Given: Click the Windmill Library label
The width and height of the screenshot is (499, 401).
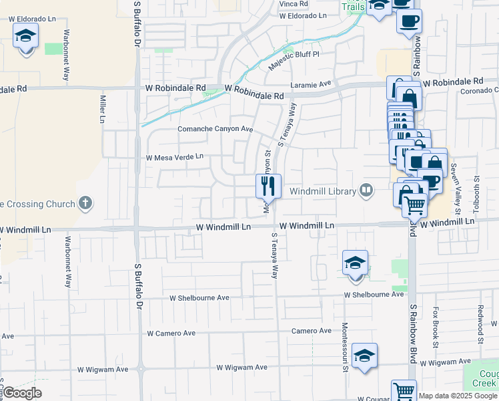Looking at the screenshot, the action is [323, 192].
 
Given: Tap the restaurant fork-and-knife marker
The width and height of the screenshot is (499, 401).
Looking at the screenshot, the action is [269, 185].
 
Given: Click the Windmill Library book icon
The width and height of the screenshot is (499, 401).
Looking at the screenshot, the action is [366, 191].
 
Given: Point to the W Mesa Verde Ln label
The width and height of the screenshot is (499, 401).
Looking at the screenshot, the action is [174, 158].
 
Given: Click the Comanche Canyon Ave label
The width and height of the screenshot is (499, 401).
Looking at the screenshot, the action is [215, 129].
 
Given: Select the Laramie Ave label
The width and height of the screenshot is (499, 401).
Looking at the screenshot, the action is [311, 84].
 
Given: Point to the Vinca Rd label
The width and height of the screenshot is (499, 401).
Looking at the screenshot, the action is [292, 4].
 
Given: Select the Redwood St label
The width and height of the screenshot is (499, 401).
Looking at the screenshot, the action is [480, 325].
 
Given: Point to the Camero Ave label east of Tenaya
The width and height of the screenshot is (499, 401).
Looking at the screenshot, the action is [311, 331].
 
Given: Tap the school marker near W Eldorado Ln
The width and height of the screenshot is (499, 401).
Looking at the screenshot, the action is [26, 39].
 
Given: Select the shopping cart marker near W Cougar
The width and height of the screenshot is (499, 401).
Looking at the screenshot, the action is [404, 391].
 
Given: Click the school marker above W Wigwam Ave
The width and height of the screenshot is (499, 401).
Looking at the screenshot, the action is [365, 356].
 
